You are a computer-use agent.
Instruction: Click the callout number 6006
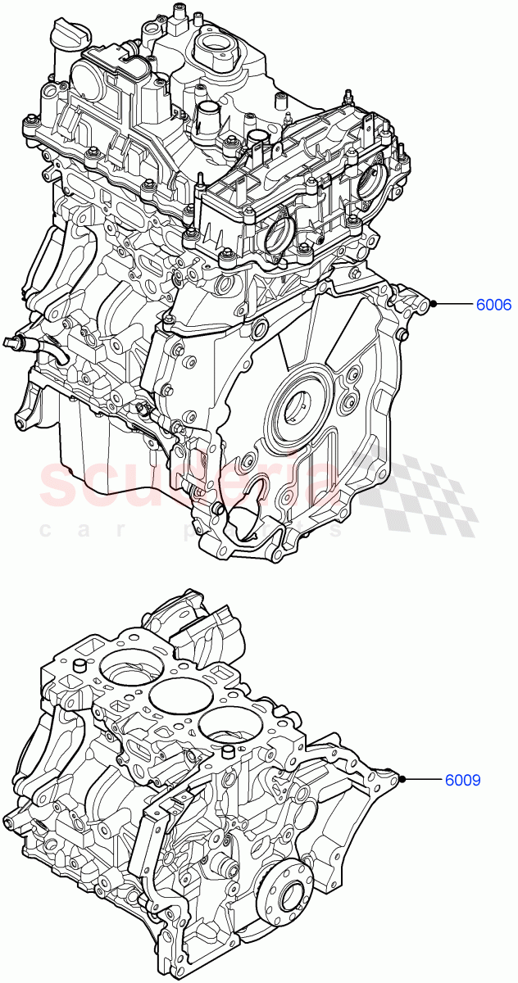coord(494,305)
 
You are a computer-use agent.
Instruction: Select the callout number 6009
coord(463,781)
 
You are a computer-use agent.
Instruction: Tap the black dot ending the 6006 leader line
coord(434,305)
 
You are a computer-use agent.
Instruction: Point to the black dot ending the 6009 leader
coord(402,780)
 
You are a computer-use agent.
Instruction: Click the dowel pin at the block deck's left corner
coord(81,665)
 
